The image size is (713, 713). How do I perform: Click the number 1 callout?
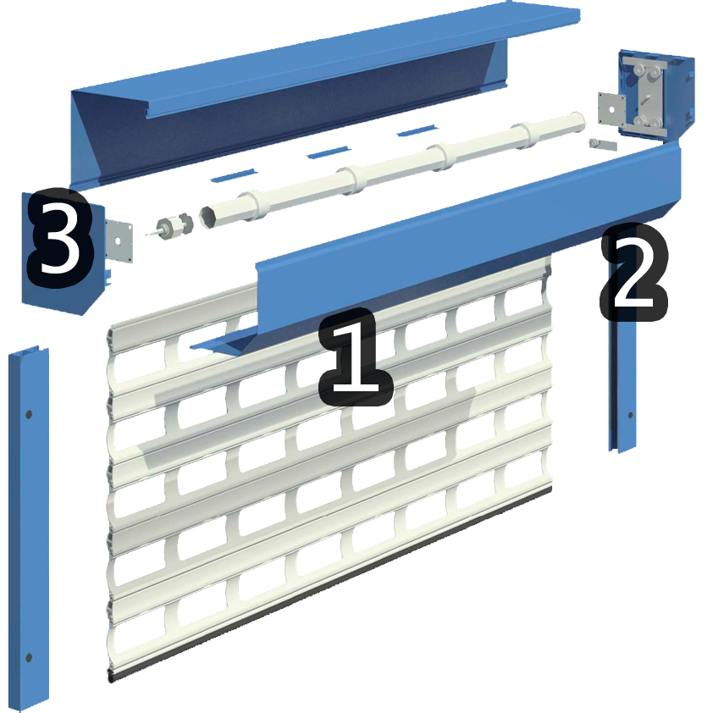tap(356, 358)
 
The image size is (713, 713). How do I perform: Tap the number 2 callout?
tap(634, 272)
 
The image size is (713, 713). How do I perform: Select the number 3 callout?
tap(60, 237)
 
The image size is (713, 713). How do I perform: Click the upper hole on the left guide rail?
tap(29, 415)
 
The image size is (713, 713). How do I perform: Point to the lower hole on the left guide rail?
tap(29, 657)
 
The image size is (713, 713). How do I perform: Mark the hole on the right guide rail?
tap(630, 415)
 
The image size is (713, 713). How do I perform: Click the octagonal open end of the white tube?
tap(207, 217)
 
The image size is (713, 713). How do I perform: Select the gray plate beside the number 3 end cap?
tap(119, 240)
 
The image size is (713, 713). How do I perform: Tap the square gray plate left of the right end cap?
tap(612, 109)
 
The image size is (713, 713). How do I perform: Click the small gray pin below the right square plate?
tap(603, 145)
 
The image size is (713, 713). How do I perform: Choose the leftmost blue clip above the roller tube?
tap(234, 175)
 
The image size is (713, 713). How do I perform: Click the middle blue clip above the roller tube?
tap(329, 152)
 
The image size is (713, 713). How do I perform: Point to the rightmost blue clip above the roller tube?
tap(417, 131)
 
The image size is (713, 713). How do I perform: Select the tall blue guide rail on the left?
tap(29, 528)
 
